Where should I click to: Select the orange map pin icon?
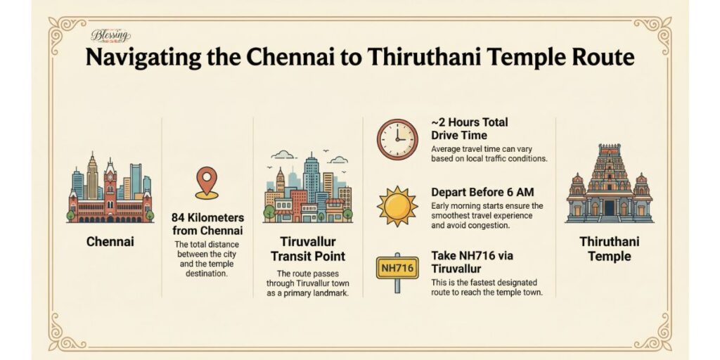205,181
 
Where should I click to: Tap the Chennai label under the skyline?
110,241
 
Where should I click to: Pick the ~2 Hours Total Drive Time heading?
469,128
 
